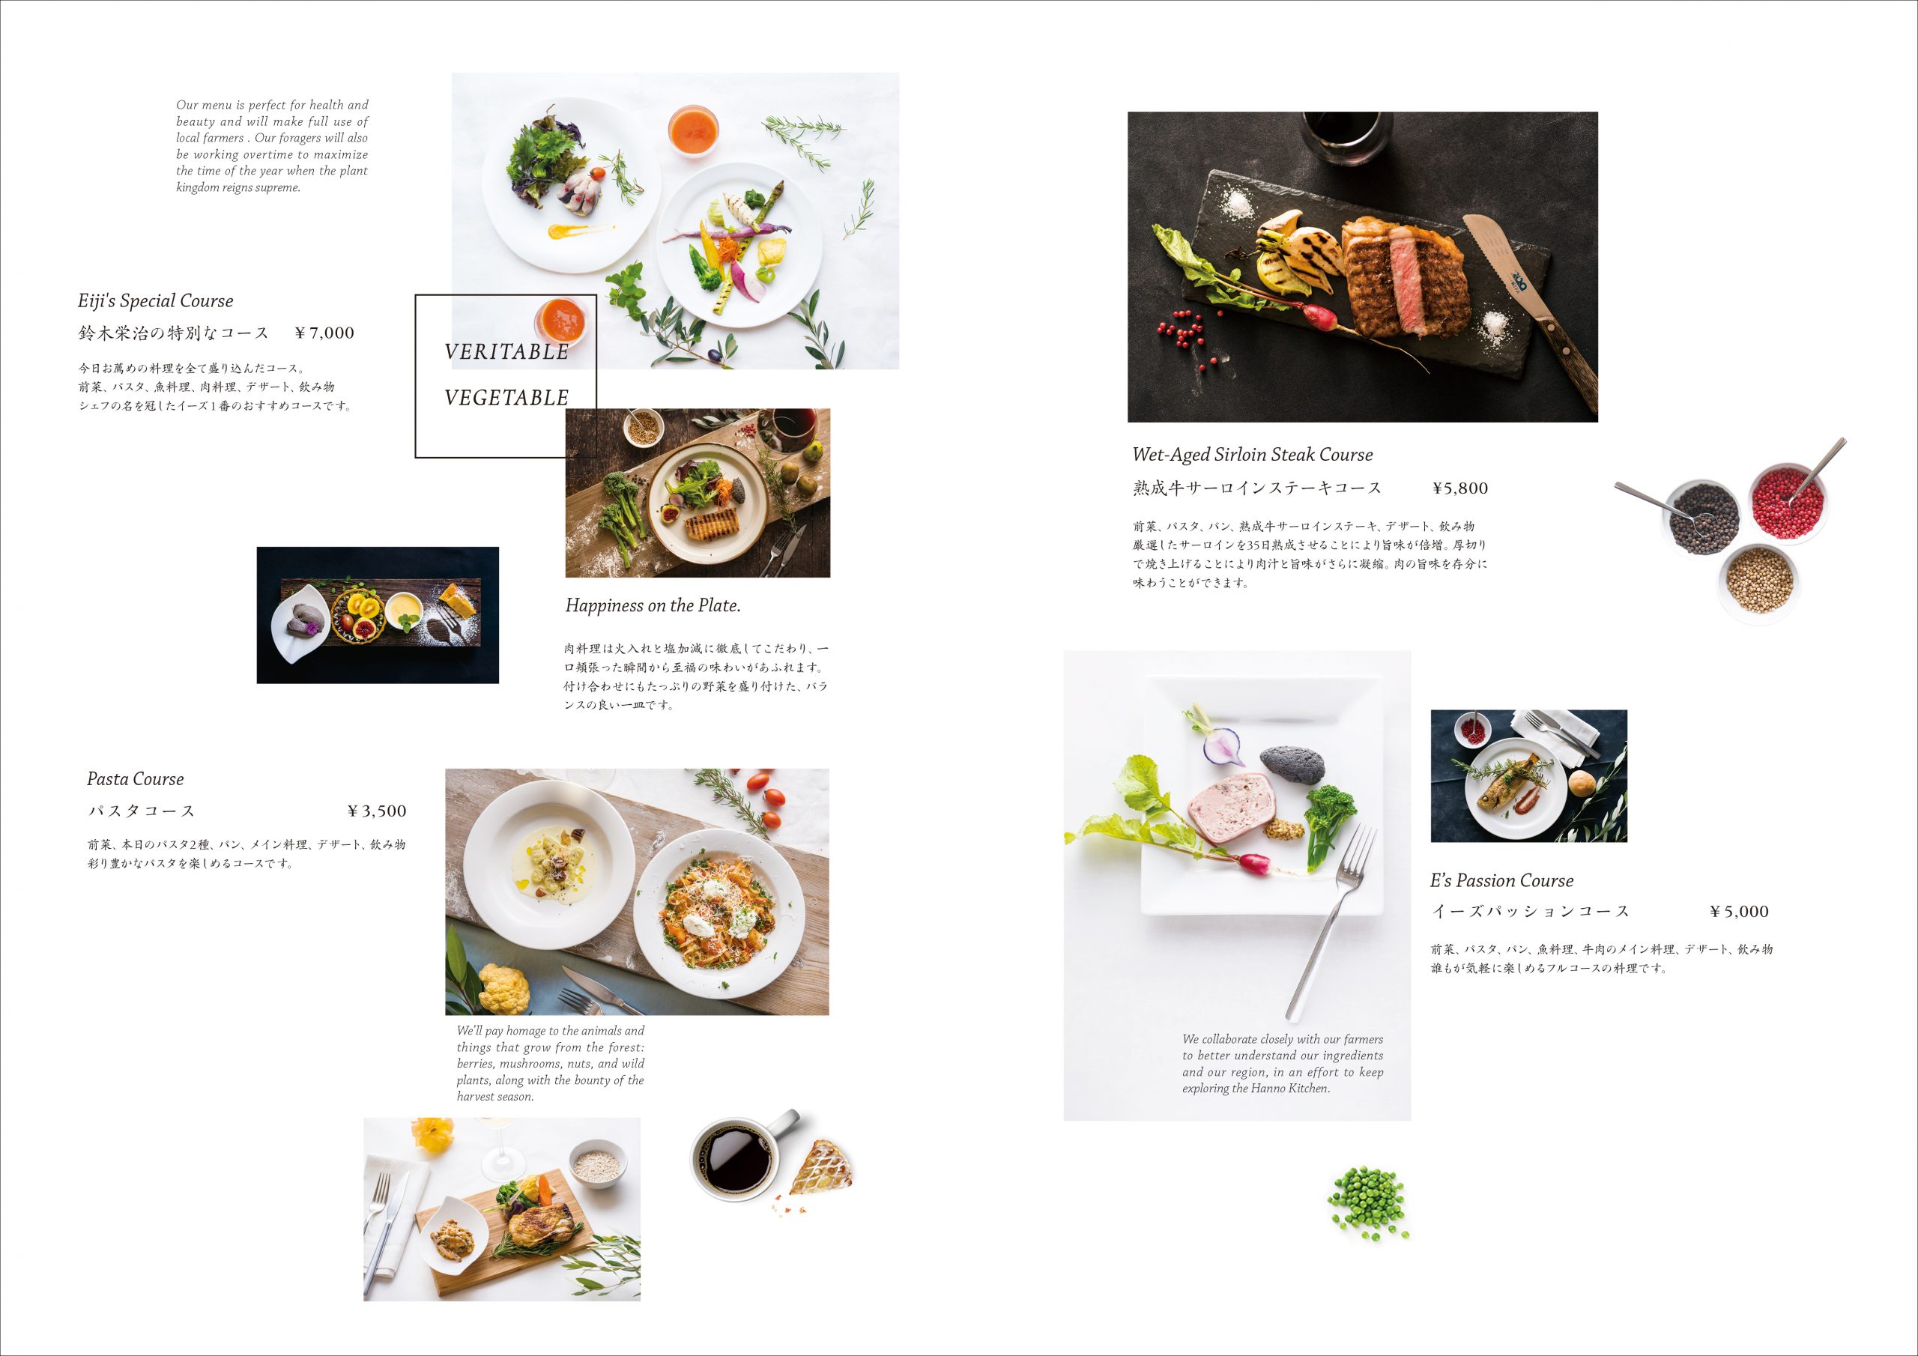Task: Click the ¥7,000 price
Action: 325,333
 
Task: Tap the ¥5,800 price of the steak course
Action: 1460,488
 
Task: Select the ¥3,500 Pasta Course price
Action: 377,811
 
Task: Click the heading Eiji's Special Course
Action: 155,300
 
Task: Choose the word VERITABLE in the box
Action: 506,352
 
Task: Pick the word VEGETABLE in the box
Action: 506,398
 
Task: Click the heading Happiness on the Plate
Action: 653,606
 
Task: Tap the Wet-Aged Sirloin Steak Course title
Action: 1252,455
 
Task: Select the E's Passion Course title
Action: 1501,880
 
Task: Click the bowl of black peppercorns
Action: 1702,517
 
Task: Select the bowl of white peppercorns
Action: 1759,581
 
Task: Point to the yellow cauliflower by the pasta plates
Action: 503,987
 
